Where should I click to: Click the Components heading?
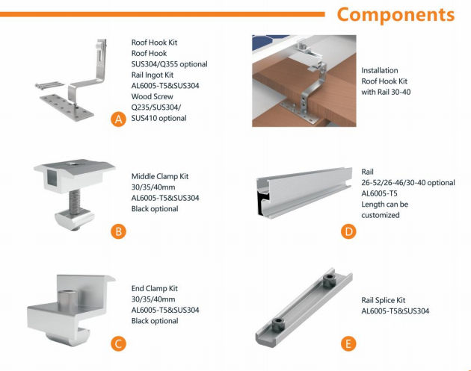coord(395,15)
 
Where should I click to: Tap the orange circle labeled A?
coord(118,120)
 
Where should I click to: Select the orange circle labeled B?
coord(118,231)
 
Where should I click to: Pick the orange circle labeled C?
coord(118,343)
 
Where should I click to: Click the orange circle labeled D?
coord(348,231)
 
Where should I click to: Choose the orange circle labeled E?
coord(348,343)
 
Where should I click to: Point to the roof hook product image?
coord(71,78)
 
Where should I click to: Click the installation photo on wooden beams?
coord(301,80)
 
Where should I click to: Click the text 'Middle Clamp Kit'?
coord(160,177)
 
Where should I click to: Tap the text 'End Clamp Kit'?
coord(155,288)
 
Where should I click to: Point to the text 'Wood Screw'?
coord(153,96)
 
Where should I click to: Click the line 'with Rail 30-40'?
coord(386,92)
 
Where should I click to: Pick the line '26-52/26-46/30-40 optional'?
coord(407,182)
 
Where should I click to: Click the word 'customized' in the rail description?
coord(381,215)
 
